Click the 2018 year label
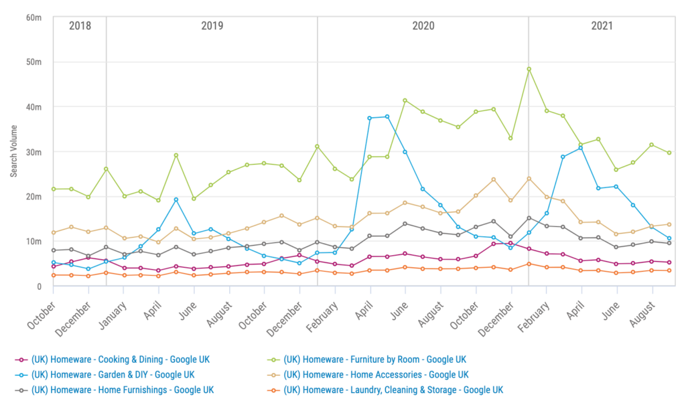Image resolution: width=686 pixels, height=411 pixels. pos(80,26)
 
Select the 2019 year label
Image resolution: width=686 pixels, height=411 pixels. pos(212,26)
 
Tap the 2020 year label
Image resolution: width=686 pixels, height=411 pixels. pos(423,26)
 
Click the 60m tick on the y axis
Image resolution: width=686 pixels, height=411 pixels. pos(33,17)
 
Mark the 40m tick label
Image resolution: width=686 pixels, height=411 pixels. pos(33,107)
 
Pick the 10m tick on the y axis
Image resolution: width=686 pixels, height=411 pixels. pos(33,241)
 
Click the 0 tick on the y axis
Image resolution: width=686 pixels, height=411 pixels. pos(39,286)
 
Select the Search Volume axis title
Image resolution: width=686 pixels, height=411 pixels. pos(13,151)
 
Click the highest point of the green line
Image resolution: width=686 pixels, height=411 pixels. pos(529,69)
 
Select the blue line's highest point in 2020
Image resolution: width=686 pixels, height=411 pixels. pos(387,116)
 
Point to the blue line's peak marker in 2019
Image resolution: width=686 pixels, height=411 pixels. pos(176,199)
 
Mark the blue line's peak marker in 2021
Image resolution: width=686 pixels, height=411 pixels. pos(581,147)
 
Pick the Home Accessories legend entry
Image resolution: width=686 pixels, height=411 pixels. pos(375,374)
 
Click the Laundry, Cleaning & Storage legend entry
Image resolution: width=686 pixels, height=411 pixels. pos(393,390)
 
